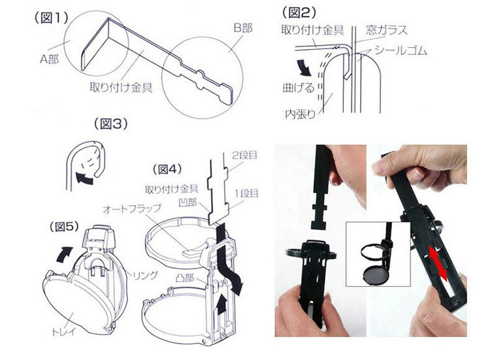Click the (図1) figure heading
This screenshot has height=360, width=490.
(50, 19)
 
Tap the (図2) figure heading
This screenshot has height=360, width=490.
(301, 12)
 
